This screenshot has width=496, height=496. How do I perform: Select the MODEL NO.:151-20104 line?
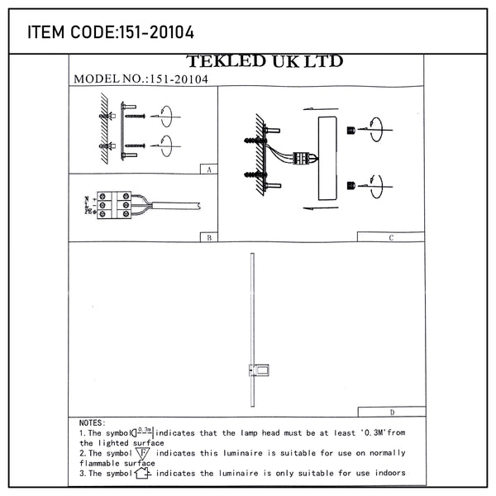[x=141, y=79]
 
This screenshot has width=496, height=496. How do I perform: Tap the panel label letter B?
[x=208, y=236]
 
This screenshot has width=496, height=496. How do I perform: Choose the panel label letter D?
[x=390, y=411]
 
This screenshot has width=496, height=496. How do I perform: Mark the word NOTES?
[x=91, y=422]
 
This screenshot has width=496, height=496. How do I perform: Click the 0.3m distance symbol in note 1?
[x=142, y=431]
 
